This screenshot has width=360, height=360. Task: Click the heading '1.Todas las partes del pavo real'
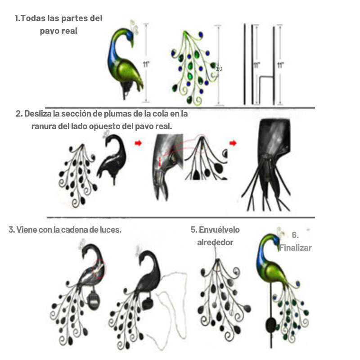[58, 24]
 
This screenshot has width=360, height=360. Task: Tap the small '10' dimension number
[219, 69]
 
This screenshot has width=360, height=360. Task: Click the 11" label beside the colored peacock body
[146, 64]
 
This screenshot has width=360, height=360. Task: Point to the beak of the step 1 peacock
[132, 44]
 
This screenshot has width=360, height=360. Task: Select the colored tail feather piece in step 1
[194, 68]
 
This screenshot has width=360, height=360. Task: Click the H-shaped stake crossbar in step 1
[266, 77]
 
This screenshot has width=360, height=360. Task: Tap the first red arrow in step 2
[138, 143]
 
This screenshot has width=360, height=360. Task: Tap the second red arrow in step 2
[233, 143]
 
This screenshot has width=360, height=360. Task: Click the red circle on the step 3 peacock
[99, 269]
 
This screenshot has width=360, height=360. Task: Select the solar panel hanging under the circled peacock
[93, 300]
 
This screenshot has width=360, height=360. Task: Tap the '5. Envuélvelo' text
[215, 229]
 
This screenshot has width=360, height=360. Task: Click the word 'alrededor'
[215, 242]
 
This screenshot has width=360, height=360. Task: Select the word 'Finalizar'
[296, 248]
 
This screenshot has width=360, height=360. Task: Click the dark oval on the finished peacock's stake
[271, 324]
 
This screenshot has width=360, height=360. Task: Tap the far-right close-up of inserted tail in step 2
[266, 165]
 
